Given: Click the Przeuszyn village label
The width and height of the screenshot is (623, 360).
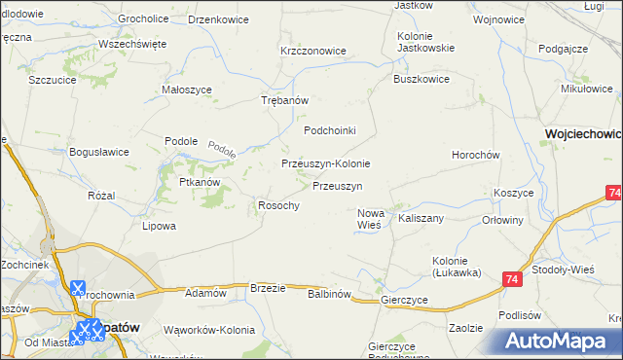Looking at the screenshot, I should (338, 185).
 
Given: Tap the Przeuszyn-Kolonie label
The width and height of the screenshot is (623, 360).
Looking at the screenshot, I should (325, 163).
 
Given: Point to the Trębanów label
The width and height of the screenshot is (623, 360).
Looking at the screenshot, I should (285, 101).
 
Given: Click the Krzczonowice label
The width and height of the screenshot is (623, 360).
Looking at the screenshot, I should (313, 51).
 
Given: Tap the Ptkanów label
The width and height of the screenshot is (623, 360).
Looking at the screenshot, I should (199, 182).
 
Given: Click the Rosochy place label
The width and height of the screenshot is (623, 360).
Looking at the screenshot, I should (277, 204).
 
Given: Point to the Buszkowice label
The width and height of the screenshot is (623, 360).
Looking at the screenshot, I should (421, 80).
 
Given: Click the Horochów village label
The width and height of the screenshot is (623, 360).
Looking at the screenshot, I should (476, 155).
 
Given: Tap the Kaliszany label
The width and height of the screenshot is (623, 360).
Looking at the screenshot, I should (421, 218).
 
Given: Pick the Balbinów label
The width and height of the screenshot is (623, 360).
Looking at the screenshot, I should (328, 293).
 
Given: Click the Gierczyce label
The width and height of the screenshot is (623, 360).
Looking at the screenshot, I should (406, 301).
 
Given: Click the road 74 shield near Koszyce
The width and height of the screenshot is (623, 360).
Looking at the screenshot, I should (612, 194).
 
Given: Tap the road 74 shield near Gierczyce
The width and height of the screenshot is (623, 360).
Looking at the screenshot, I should (512, 280).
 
